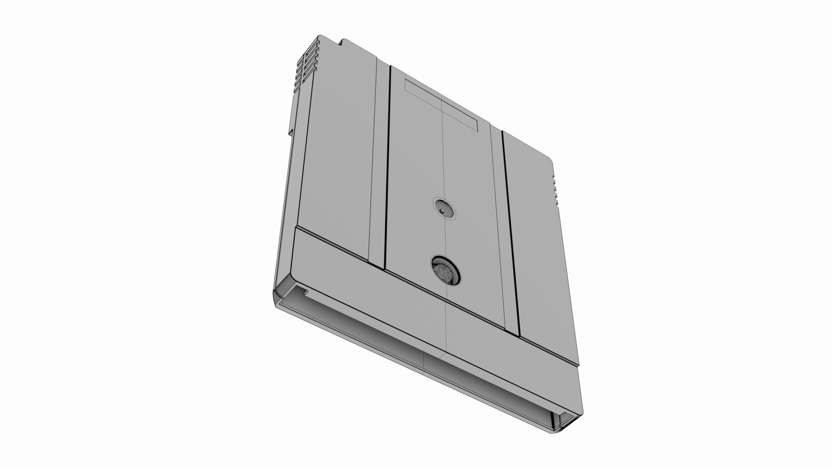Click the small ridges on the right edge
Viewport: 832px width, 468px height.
point(554,186)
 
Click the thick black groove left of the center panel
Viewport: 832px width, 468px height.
point(388,165)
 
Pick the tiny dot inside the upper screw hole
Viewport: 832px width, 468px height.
point(442,211)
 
